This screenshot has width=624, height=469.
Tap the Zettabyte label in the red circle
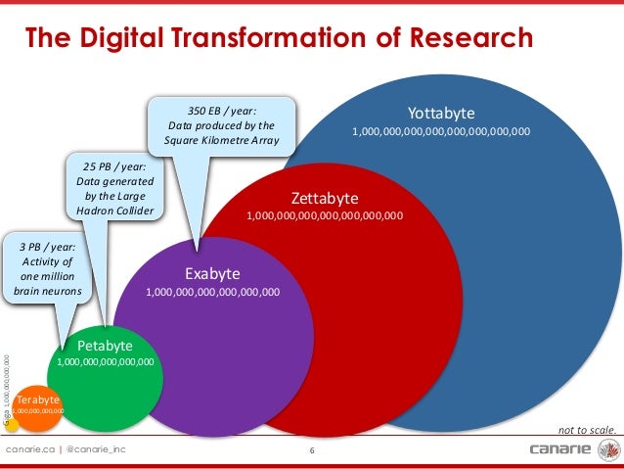coord(324,196)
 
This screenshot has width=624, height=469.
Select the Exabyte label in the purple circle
coord(212,273)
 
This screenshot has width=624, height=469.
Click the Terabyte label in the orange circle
coord(38,399)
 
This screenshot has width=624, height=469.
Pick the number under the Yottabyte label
coord(441,130)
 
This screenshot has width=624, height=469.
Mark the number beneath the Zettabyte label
coord(324,214)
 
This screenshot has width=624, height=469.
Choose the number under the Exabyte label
coord(212,291)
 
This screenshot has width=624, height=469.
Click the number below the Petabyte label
coord(105,362)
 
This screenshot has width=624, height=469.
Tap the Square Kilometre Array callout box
coord(222,125)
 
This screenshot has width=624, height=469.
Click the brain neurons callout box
coord(46,268)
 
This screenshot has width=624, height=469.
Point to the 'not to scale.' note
coord(587,429)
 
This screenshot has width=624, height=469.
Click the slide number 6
coord(311,450)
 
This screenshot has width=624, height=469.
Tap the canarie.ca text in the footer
coord(28,449)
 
